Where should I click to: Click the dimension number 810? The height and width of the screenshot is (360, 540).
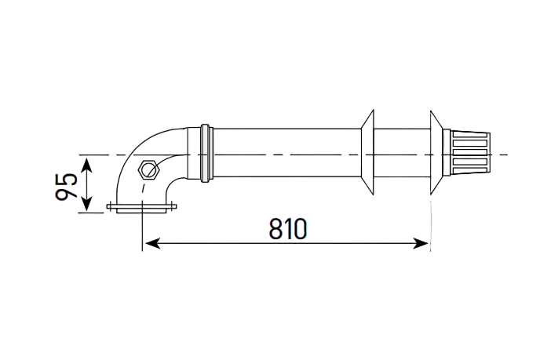(287, 228)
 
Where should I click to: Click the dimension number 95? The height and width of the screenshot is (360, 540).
(66, 186)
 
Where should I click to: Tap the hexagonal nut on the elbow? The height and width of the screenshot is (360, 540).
(148, 169)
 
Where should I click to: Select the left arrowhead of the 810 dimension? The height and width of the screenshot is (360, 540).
(152, 243)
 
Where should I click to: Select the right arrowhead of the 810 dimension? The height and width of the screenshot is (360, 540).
(421, 243)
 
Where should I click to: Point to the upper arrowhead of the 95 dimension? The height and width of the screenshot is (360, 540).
(86, 165)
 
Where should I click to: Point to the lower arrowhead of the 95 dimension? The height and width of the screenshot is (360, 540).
(86, 203)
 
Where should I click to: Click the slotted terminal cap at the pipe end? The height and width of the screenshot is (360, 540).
(470, 152)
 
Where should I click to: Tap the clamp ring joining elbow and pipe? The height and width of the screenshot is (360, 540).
(206, 153)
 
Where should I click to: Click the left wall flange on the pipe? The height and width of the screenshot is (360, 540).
(367, 152)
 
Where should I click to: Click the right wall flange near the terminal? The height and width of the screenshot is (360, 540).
(436, 152)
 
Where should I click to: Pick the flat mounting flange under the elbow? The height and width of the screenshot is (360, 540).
(141, 208)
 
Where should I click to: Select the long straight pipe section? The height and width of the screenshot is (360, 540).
(287, 153)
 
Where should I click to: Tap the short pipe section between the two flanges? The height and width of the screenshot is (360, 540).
(402, 153)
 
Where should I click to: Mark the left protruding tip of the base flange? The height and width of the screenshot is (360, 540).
(108, 207)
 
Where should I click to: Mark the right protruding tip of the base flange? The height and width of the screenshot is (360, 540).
(176, 207)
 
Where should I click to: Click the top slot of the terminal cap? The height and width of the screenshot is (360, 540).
(469, 135)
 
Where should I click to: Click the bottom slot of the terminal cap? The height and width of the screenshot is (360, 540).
(469, 170)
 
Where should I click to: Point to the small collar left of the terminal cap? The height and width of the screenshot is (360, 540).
(447, 152)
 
